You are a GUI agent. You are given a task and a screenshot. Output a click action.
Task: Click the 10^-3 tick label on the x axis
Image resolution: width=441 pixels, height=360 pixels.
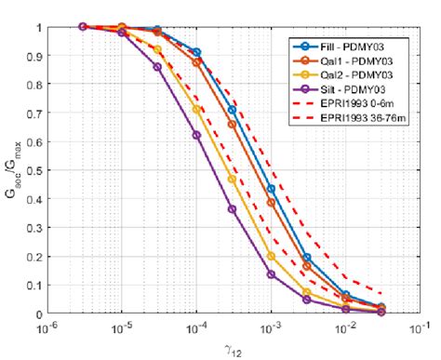[270, 328]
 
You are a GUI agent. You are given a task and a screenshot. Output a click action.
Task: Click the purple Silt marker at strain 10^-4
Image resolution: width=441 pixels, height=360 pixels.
[196, 135]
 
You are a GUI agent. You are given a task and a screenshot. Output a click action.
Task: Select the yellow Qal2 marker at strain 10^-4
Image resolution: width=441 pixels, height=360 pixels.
[196, 110]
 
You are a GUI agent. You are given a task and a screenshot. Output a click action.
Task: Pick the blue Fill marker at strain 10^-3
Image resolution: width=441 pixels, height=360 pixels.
[271, 189]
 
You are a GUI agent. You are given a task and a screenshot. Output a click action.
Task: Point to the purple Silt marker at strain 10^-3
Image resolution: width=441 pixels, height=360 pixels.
[271, 274]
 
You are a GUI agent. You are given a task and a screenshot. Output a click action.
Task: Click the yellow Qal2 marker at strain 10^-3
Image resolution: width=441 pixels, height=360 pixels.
[271, 256]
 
